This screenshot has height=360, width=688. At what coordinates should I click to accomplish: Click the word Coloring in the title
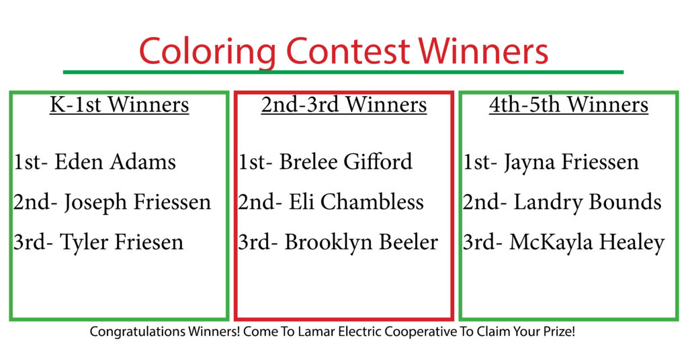click(208, 52)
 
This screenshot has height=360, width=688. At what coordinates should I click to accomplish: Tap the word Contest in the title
click(349, 50)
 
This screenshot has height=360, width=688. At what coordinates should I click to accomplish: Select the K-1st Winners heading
click(120, 105)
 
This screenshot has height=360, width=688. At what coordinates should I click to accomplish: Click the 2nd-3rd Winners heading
click(344, 105)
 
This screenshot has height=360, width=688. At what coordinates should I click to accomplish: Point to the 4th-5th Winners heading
click(568, 105)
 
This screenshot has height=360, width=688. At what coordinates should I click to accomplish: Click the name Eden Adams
click(115, 162)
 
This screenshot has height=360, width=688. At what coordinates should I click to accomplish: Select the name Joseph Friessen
click(138, 203)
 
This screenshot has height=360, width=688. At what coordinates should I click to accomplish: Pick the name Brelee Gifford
click(346, 161)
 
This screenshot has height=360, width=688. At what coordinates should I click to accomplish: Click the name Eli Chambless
click(356, 202)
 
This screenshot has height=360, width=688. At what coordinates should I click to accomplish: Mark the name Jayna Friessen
click(571, 163)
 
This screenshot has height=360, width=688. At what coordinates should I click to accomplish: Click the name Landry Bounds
click(587, 203)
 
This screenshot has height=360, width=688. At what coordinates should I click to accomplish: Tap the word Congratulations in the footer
click(138, 332)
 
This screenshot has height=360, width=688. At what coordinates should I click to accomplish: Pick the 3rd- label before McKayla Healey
click(482, 242)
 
